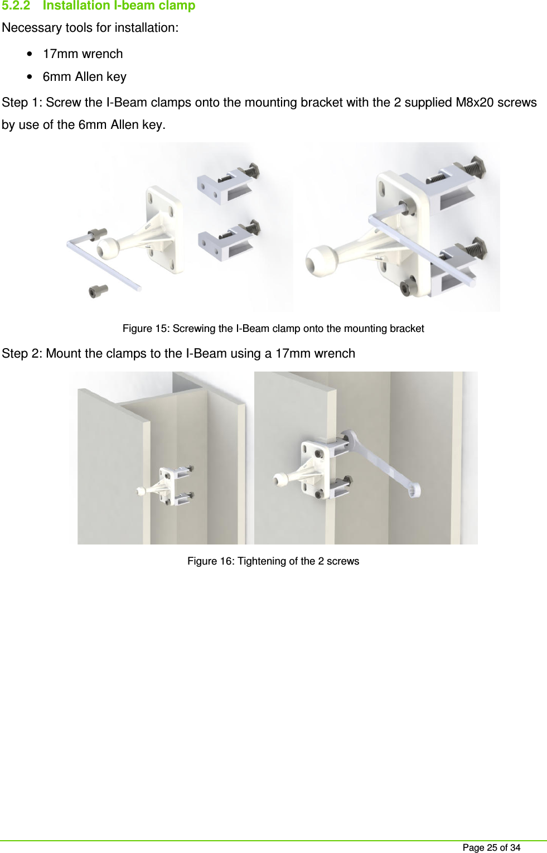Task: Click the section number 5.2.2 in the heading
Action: (x=16, y=6)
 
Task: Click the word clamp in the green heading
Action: (x=176, y=6)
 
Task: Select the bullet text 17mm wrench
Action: (x=83, y=54)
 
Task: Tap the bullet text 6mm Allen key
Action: (x=84, y=77)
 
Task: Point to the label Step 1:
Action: (x=22, y=103)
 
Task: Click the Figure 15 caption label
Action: (x=146, y=329)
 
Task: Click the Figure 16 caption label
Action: (x=210, y=561)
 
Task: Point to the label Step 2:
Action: (x=22, y=354)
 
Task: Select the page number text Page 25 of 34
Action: (x=491, y=847)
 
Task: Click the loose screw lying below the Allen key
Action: (x=98, y=291)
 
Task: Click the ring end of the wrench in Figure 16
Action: (x=413, y=490)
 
